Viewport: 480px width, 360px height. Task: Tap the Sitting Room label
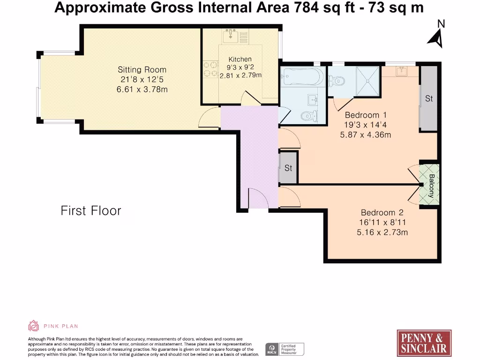142,69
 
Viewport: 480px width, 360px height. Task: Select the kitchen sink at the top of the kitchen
232,34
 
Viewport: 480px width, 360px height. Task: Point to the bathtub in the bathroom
302,76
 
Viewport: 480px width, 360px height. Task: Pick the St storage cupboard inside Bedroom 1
429,98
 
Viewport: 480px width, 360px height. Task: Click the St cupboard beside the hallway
288,168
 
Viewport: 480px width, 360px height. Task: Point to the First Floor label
91,211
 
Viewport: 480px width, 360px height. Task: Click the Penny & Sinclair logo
424,343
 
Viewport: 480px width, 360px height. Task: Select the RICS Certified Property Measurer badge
285,349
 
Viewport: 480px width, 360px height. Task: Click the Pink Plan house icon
33,326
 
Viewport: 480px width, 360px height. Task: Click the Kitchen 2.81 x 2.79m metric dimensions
240,75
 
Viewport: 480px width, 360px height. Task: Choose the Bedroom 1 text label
365,115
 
